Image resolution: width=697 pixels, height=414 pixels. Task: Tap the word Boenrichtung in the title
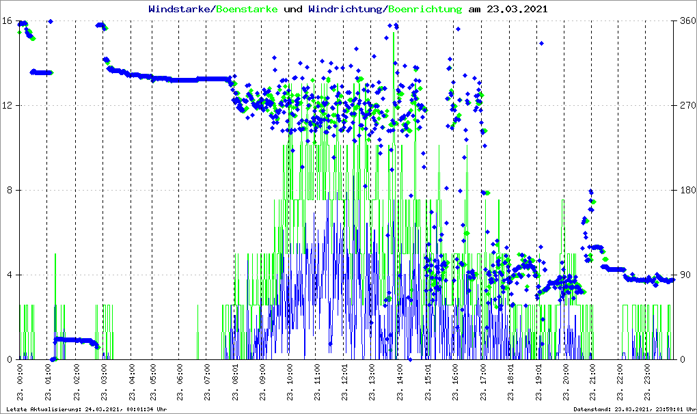coord(424,10)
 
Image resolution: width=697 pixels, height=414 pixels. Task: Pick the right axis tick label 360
coord(686,20)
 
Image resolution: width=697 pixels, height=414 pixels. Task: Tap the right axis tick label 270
coord(686,105)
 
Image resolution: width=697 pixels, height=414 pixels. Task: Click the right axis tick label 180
coord(686,190)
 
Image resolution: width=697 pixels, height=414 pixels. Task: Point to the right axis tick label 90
coord(683,275)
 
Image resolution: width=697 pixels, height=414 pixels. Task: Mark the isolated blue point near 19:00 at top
coord(541,44)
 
